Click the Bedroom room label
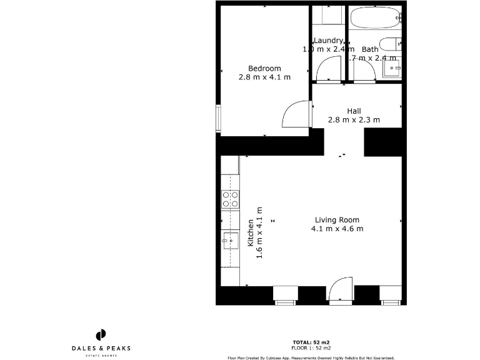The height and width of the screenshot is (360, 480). tap(264, 68)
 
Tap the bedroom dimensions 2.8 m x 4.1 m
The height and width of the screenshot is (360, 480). tap(264, 77)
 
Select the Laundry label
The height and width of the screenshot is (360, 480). tap(328, 41)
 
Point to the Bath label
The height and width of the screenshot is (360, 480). tap(370, 49)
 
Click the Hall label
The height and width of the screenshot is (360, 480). tap(354, 111)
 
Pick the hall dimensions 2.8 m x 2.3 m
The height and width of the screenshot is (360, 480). tap(354, 120)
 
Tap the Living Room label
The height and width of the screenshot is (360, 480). tap(337, 219)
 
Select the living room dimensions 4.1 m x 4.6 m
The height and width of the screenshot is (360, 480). tap(337, 229)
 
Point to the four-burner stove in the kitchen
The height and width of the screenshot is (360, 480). tap(230, 199)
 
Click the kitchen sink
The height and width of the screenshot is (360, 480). tap(230, 240)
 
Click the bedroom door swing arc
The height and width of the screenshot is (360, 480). tap(296, 114)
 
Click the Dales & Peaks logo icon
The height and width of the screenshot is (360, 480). tap(100, 335)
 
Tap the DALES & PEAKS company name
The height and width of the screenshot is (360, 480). tap(100, 348)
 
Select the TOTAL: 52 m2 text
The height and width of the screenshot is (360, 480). tap(311, 342)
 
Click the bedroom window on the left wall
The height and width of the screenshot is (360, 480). tap(218, 119)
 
